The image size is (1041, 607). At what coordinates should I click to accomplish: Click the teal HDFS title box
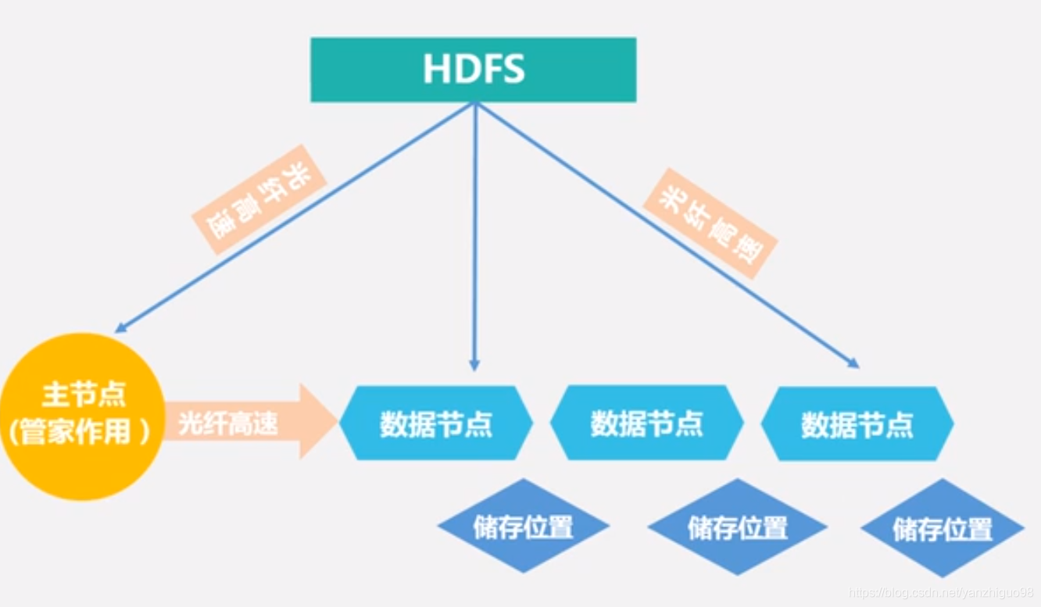473,70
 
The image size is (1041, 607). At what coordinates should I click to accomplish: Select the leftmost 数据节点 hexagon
436,423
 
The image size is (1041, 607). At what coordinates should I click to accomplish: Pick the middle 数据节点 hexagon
646,423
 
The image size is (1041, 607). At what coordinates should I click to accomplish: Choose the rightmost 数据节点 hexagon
857,423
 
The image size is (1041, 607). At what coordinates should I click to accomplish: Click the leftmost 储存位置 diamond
523,527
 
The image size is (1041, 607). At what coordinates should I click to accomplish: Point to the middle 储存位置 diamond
737,527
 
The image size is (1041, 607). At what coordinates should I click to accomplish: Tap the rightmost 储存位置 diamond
943,529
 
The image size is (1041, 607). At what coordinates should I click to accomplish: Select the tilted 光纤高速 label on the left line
259,199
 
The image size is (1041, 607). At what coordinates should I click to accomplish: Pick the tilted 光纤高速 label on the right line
710,223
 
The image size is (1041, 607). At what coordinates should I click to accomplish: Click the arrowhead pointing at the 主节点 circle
120,328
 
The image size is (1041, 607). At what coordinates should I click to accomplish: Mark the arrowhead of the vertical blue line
474,365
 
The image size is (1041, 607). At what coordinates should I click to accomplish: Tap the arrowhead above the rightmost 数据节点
853,363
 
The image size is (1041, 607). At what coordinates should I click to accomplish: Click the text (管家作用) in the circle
78,433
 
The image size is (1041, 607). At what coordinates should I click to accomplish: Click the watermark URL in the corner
942,594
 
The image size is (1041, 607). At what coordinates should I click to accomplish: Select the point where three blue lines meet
474,105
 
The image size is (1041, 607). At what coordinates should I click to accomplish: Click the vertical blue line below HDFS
474,234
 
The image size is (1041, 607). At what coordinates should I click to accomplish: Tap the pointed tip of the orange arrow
336,421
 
